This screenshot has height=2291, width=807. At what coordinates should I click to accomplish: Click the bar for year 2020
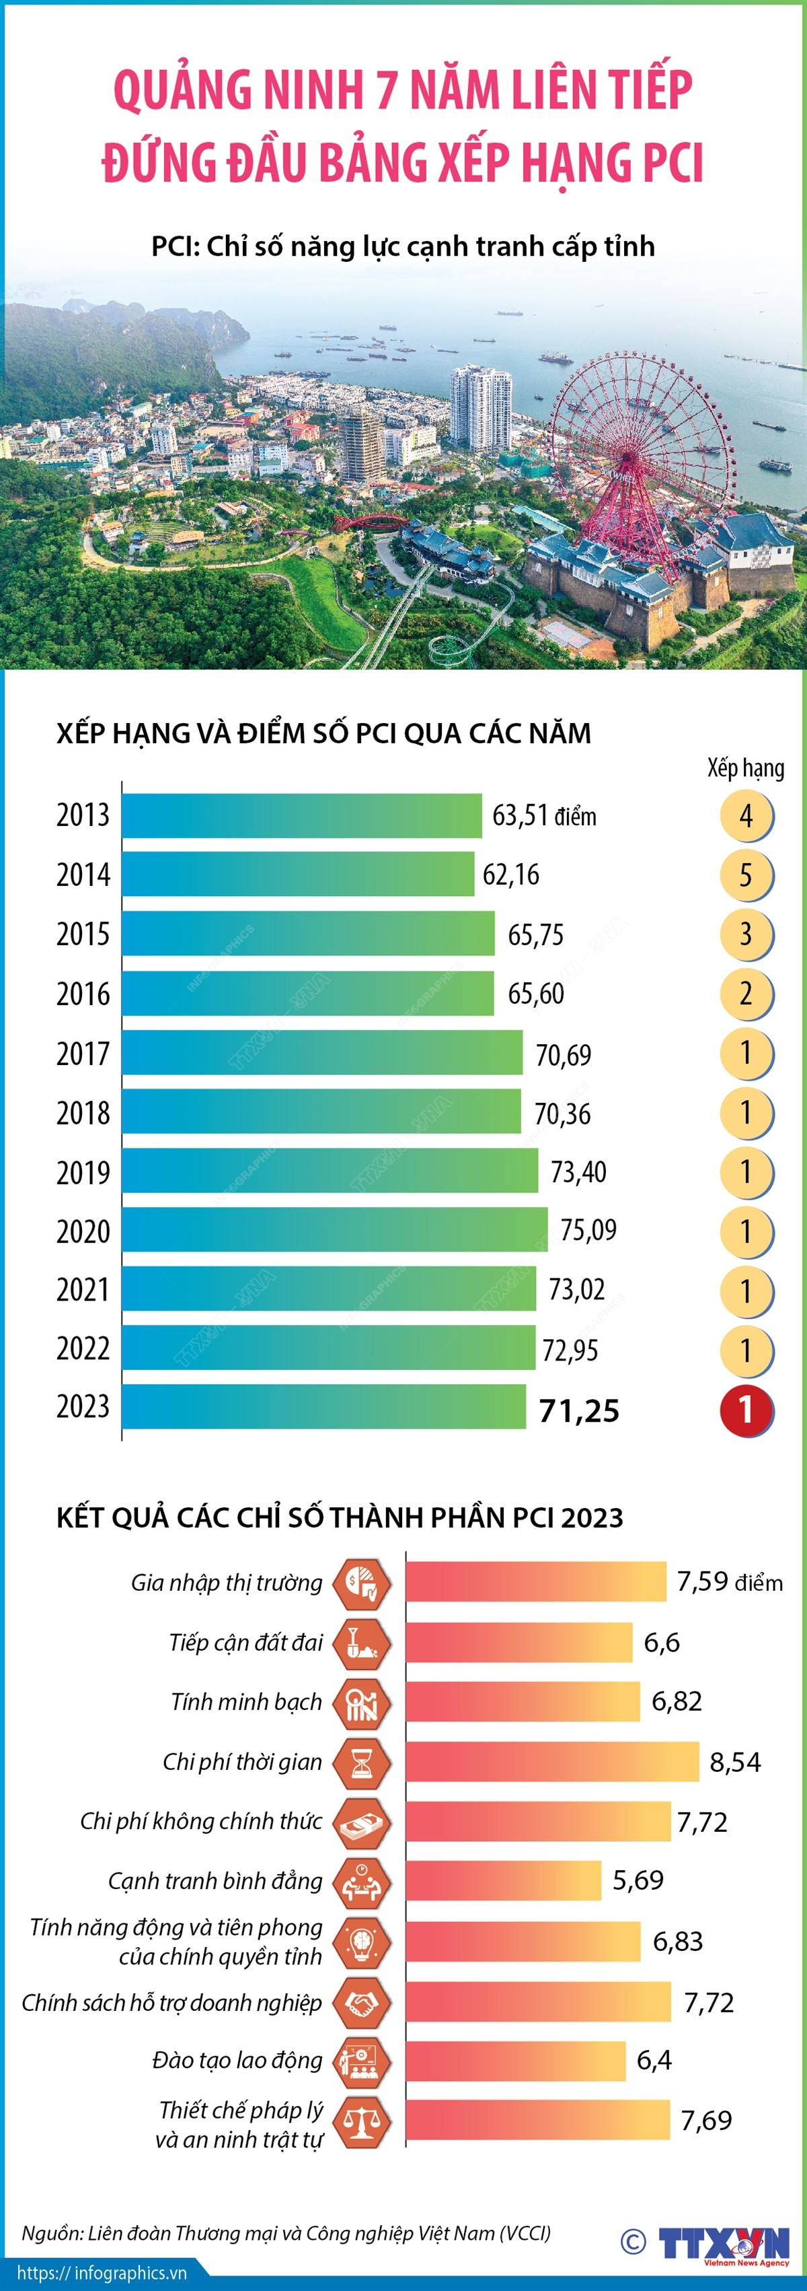pyautogui.click(x=334, y=1230)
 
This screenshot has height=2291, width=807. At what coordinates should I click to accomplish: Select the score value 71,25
pyautogui.click(x=580, y=1410)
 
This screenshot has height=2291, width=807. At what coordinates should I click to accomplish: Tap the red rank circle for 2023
pyautogui.click(x=746, y=1410)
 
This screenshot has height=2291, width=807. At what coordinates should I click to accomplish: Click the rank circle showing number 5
pyautogui.click(x=746, y=875)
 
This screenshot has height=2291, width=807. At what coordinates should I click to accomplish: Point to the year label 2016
pyautogui.click(x=83, y=994)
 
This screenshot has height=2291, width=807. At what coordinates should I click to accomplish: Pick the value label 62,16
pyautogui.click(x=511, y=875)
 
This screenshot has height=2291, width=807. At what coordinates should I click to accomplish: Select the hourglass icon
pyautogui.click(x=362, y=1762)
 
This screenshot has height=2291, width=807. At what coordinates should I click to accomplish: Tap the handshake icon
pyautogui.click(x=362, y=2002)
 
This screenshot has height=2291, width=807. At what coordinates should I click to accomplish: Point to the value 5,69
pyautogui.click(x=638, y=1880)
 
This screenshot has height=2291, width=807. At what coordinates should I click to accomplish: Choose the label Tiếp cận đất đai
pyautogui.click(x=245, y=1643)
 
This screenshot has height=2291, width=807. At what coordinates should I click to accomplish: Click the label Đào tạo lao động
pyautogui.click(x=237, y=2061)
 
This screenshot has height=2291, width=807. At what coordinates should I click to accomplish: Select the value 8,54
pyautogui.click(x=735, y=1762)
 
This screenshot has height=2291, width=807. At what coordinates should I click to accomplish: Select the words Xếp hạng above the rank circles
pyautogui.click(x=746, y=768)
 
